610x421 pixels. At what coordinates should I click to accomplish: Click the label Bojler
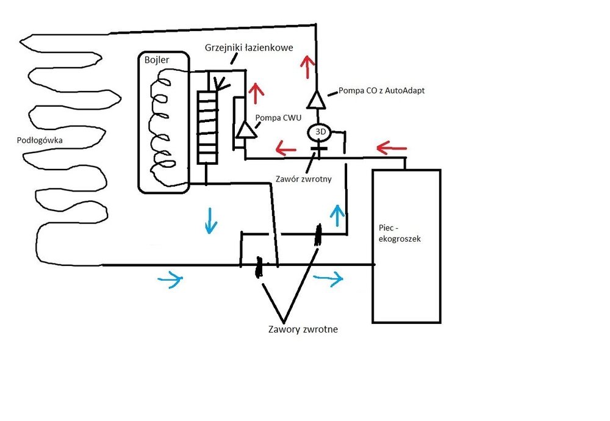(x=157, y=60)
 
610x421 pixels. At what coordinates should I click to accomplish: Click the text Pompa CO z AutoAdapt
(x=382, y=91)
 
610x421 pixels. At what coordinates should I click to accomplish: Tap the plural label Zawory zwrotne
(x=303, y=329)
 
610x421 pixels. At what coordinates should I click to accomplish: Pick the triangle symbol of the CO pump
(x=316, y=99)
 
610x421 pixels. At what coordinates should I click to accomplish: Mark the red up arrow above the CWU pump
(x=256, y=93)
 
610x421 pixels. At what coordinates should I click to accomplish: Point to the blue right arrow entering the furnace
(x=328, y=279)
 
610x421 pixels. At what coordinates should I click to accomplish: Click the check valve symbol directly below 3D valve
(x=317, y=147)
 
